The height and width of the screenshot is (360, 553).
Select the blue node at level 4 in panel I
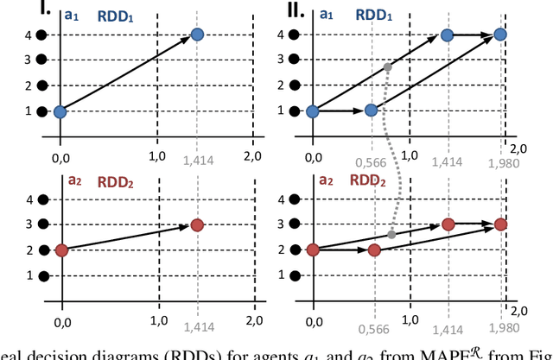196,35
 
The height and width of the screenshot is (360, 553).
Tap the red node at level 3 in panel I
197,225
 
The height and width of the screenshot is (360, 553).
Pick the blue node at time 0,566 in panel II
372,111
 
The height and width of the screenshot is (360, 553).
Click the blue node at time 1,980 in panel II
500,35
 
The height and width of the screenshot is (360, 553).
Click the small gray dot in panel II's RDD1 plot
387,67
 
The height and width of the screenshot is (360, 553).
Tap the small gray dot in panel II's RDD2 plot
391,235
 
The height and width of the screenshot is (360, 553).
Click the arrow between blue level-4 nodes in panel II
474,35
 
